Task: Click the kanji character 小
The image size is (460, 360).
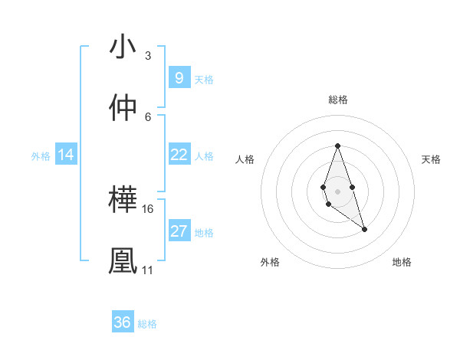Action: (x=123, y=47)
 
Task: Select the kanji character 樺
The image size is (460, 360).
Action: (x=123, y=201)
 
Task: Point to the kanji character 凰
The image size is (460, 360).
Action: (x=123, y=261)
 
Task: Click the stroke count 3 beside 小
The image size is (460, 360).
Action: (x=147, y=55)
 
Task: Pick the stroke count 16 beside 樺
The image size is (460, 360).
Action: (x=148, y=208)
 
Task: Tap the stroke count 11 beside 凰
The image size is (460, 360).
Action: (x=147, y=270)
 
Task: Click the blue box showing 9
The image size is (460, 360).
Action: (x=179, y=78)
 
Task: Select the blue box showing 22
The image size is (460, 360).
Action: (x=179, y=155)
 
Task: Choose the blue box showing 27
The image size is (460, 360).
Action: (x=179, y=231)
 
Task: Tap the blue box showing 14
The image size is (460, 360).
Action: (x=66, y=155)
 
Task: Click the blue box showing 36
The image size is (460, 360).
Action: (x=123, y=322)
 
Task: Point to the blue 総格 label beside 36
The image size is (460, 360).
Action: (x=147, y=324)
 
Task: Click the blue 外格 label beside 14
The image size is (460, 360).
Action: (x=41, y=155)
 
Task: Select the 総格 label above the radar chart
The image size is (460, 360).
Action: (x=337, y=100)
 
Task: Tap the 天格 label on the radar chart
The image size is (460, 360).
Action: (x=431, y=159)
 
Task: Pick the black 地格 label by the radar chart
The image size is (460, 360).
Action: (x=402, y=262)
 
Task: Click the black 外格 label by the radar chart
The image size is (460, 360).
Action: (x=270, y=262)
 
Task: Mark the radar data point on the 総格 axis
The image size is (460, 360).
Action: (x=337, y=146)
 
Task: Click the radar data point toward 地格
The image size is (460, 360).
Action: (x=364, y=229)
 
